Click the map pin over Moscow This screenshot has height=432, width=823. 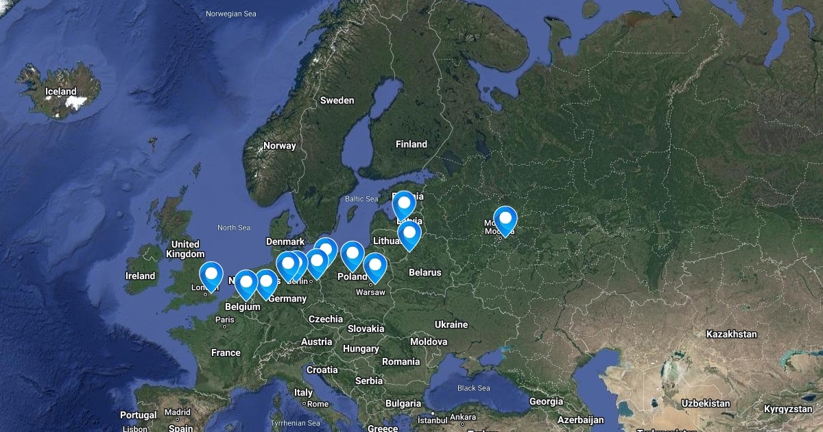tap(505, 220)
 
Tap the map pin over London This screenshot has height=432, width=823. tap(211, 276)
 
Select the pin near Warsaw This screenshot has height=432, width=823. tap(375, 267)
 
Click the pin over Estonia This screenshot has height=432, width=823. tap(404, 204)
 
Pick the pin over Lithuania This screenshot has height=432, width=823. tap(409, 235)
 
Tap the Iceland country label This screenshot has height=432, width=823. tap(61, 91)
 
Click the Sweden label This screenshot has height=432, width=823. tap(337, 100)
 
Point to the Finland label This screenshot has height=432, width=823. tap(411, 144)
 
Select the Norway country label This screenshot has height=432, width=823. tap(280, 145)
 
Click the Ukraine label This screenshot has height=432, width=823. tap(451, 324)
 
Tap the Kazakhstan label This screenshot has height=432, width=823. tap(731, 334)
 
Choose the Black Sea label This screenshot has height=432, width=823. tap(473, 388)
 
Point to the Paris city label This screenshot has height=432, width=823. tap(224, 319)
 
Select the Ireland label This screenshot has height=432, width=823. tap(140, 276)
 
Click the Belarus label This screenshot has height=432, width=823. tap(425, 272)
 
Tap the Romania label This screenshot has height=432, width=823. tap(401, 361)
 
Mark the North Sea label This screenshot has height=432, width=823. tap(234, 228)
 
